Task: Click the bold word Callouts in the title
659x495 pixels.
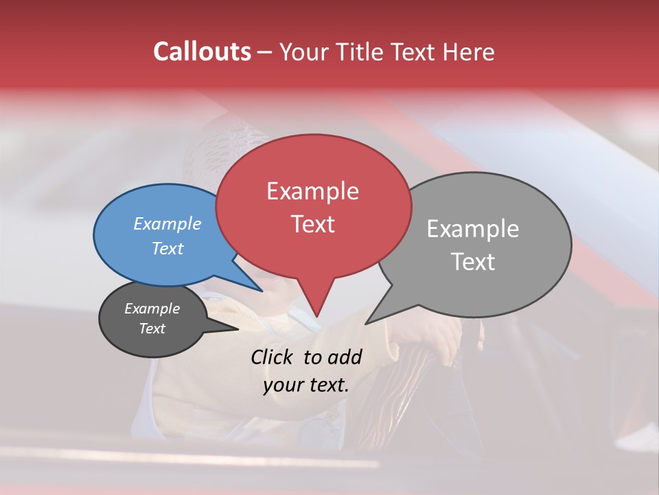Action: coord(202,52)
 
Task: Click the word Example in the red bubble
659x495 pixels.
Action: coord(312,191)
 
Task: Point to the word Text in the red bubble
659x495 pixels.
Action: coord(312,223)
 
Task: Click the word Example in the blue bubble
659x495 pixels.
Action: coord(167,223)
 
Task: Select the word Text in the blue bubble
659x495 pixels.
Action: coord(167,248)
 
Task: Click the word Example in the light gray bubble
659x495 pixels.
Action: coord(473,229)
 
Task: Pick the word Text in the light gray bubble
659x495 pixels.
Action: coord(473,261)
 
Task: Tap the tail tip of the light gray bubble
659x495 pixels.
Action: coord(368,322)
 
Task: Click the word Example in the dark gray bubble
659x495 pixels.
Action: coord(152,309)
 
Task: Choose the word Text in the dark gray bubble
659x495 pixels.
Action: coord(152,328)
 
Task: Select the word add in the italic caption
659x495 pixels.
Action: coord(345,357)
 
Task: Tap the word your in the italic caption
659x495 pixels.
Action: coord(282,385)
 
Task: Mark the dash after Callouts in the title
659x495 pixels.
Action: coord(265,52)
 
